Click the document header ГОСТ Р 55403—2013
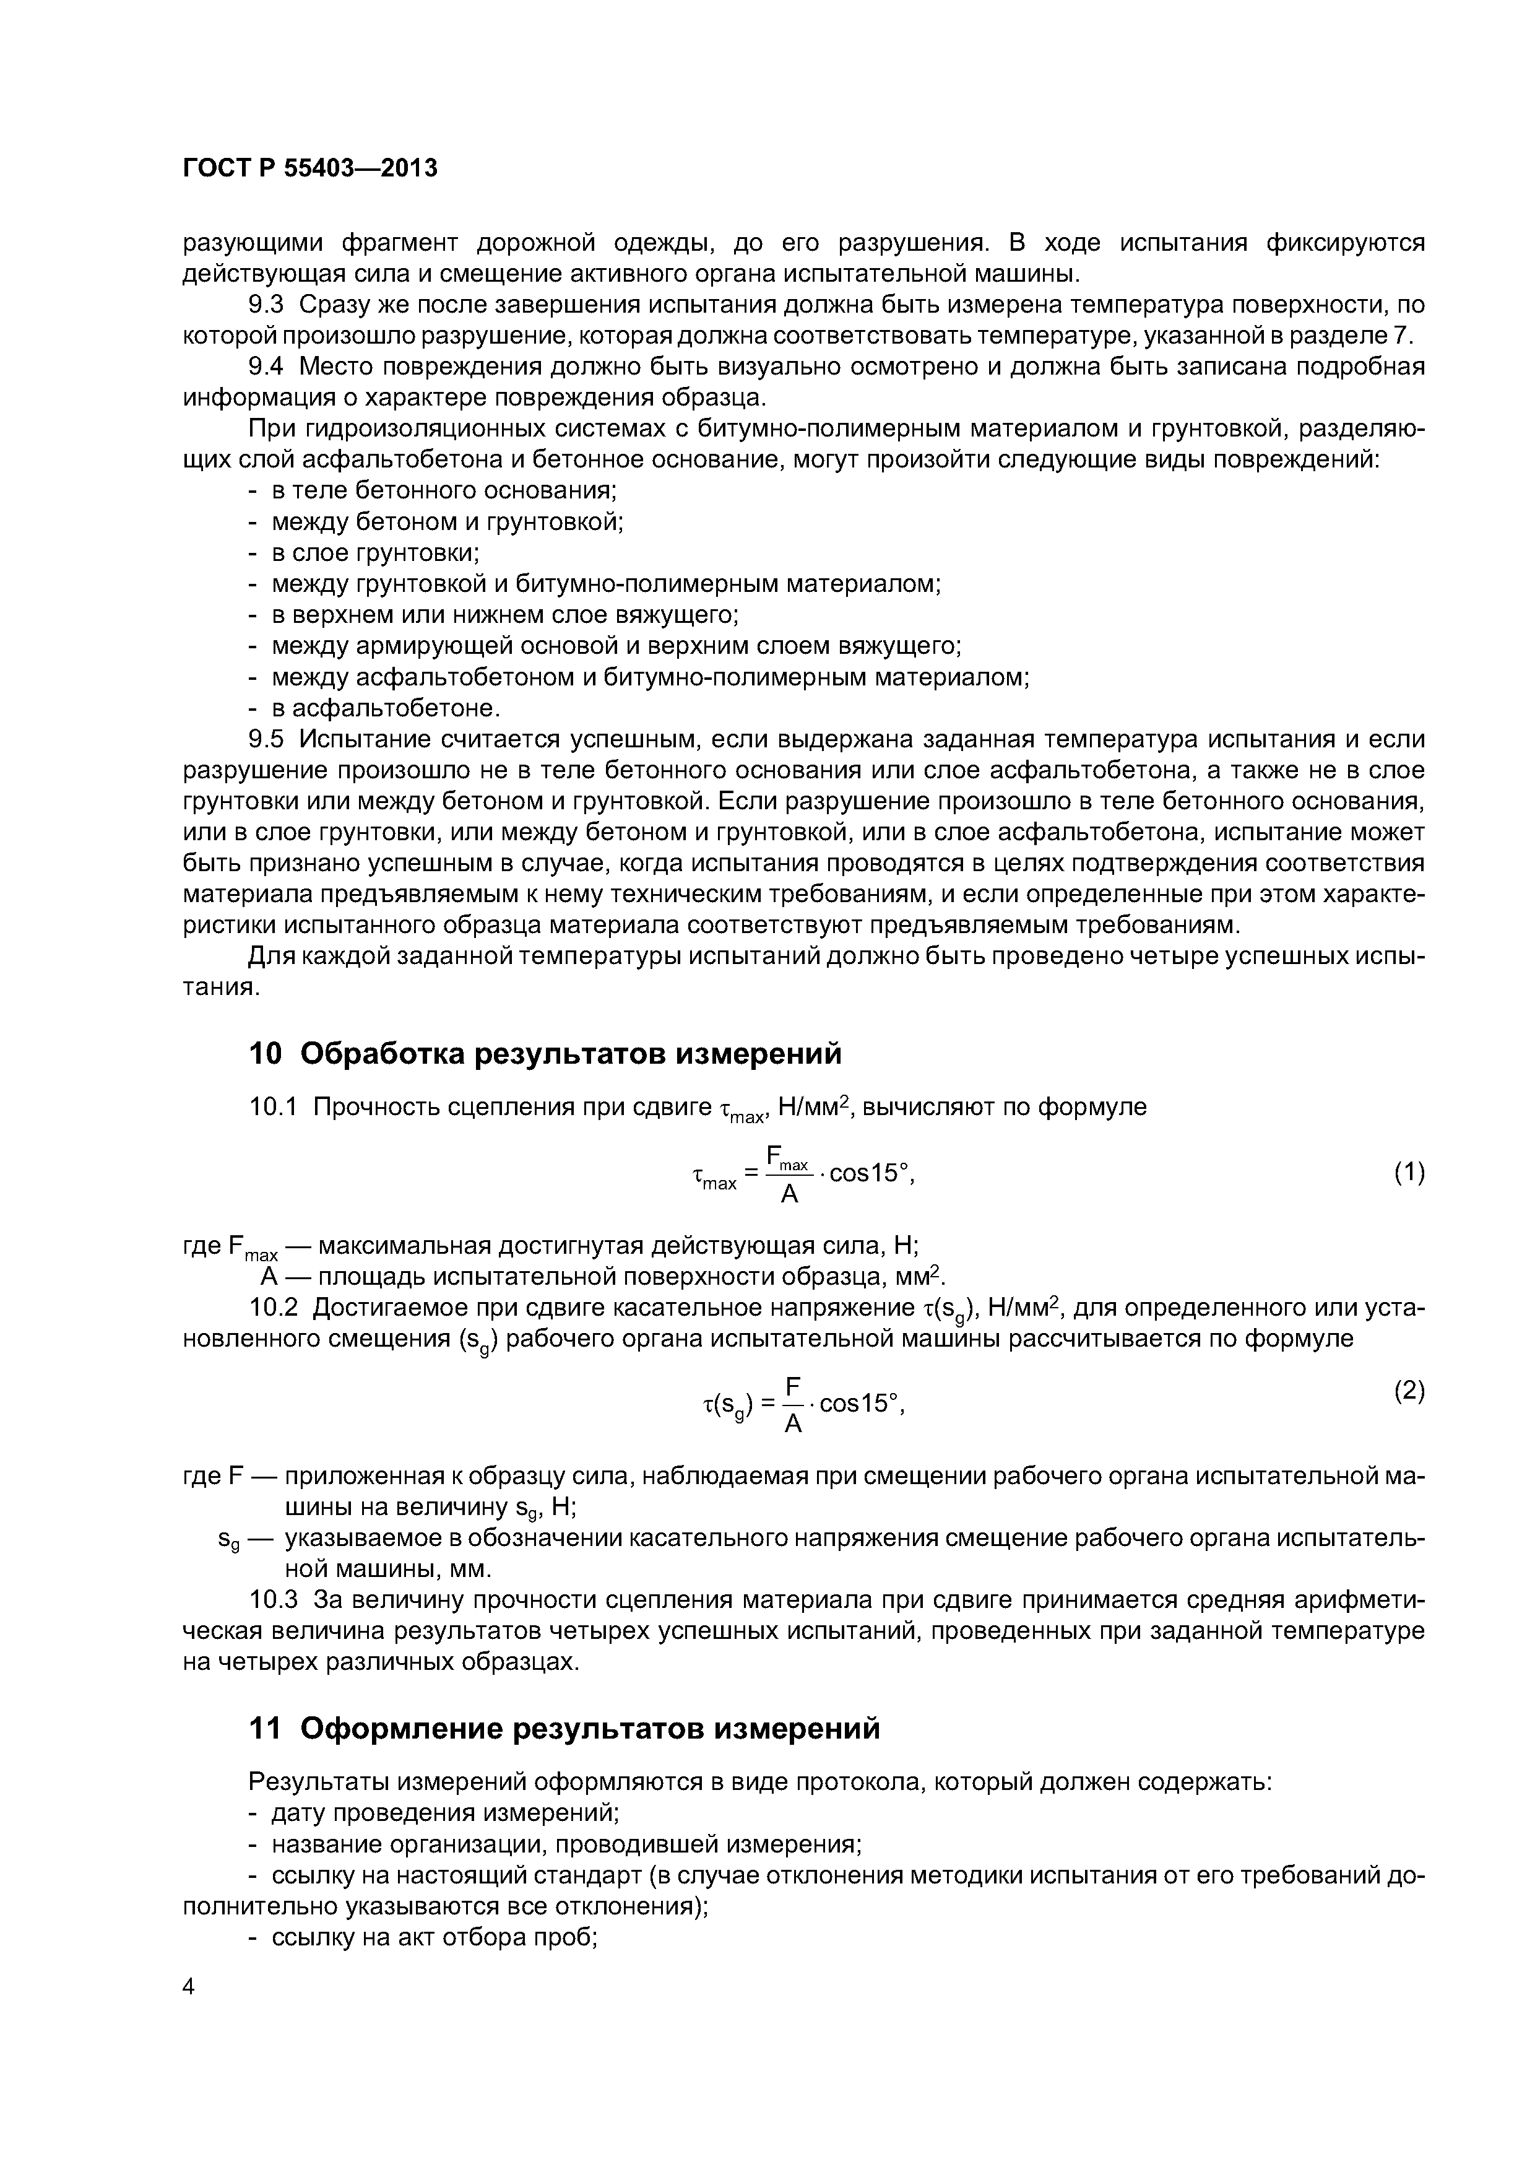coord(309,168)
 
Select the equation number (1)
coord(1408,1173)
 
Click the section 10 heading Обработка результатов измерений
coord(544,1053)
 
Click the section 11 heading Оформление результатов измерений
coord(564,1728)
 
